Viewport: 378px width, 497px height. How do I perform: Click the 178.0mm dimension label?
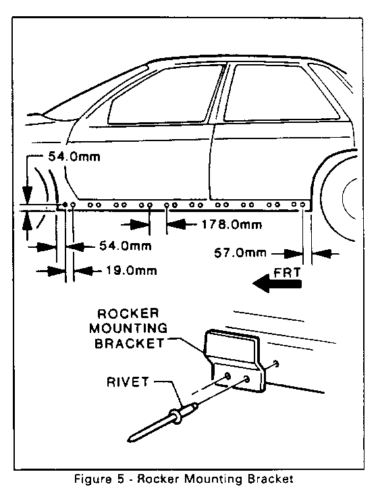232,225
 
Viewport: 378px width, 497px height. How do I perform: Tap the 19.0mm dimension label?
131,271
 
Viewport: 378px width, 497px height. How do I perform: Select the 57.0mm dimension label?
240,253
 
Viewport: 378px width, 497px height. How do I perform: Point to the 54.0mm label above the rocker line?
74,157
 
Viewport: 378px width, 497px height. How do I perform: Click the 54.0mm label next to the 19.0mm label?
126,246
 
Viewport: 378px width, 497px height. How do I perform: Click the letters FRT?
287,273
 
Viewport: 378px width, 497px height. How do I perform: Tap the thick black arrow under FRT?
277,284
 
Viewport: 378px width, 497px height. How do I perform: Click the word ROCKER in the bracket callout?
128,314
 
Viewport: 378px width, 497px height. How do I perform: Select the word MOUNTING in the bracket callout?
128,328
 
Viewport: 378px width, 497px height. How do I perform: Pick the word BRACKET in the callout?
130,343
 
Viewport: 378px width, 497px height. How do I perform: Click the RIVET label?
128,382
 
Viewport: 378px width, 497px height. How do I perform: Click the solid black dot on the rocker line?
65,205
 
